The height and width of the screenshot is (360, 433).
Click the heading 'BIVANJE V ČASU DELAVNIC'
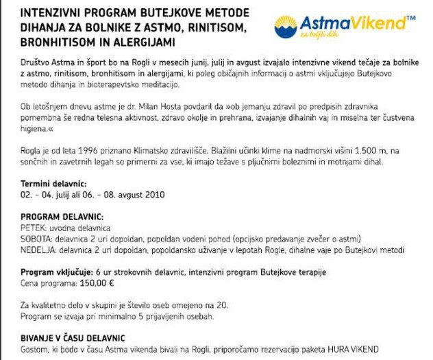73,337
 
